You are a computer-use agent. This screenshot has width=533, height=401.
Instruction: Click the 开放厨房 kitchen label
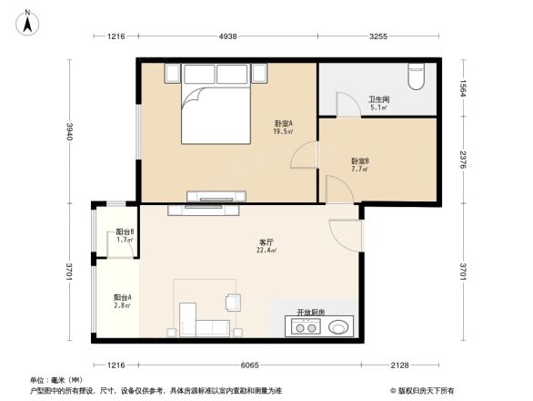point(312,312)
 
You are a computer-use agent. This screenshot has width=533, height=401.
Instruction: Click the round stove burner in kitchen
point(339,326)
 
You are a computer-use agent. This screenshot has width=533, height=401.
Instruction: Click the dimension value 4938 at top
point(227,36)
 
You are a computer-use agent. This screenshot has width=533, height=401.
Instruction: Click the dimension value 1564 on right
point(463,88)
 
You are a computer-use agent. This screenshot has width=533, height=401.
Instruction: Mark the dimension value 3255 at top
point(377,36)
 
